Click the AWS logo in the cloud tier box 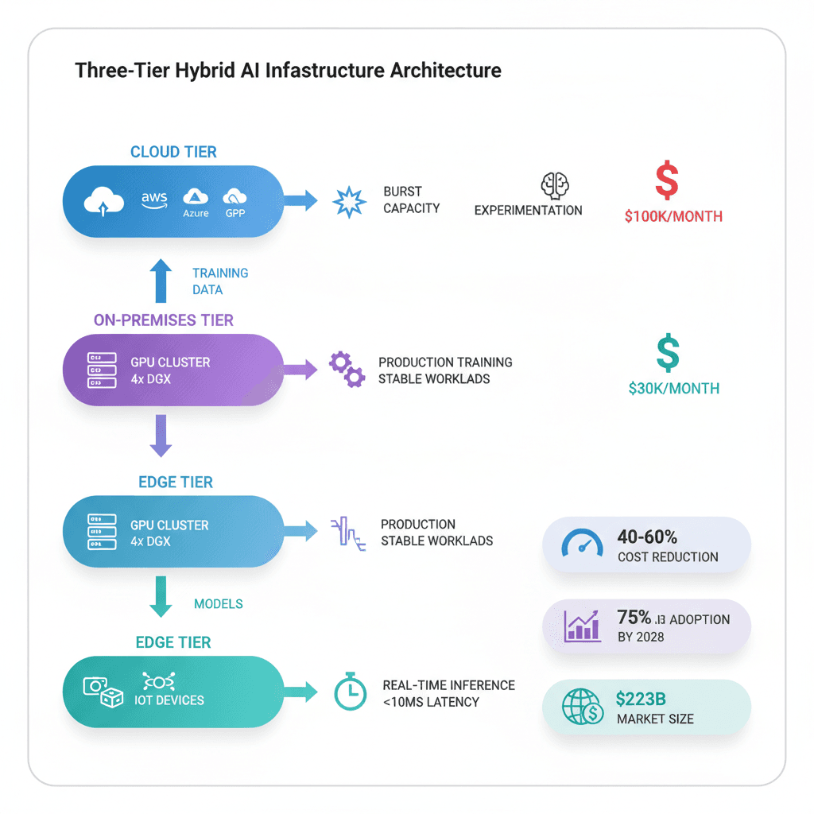pyautogui.click(x=155, y=200)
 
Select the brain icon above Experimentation pyautogui.click(x=555, y=185)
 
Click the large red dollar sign pyautogui.click(x=667, y=180)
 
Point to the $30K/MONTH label pyautogui.click(x=673, y=389)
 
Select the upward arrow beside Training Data pyautogui.click(x=161, y=281)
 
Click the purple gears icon pyautogui.click(x=347, y=370)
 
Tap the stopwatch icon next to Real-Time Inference pyautogui.click(x=349, y=692)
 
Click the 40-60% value pyautogui.click(x=648, y=537)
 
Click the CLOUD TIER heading pyautogui.click(x=173, y=152)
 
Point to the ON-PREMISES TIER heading pyautogui.click(x=164, y=320)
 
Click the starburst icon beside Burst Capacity pyautogui.click(x=348, y=202)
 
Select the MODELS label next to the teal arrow pyautogui.click(x=219, y=604)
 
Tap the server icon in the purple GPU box pyautogui.click(x=97, y=370)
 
